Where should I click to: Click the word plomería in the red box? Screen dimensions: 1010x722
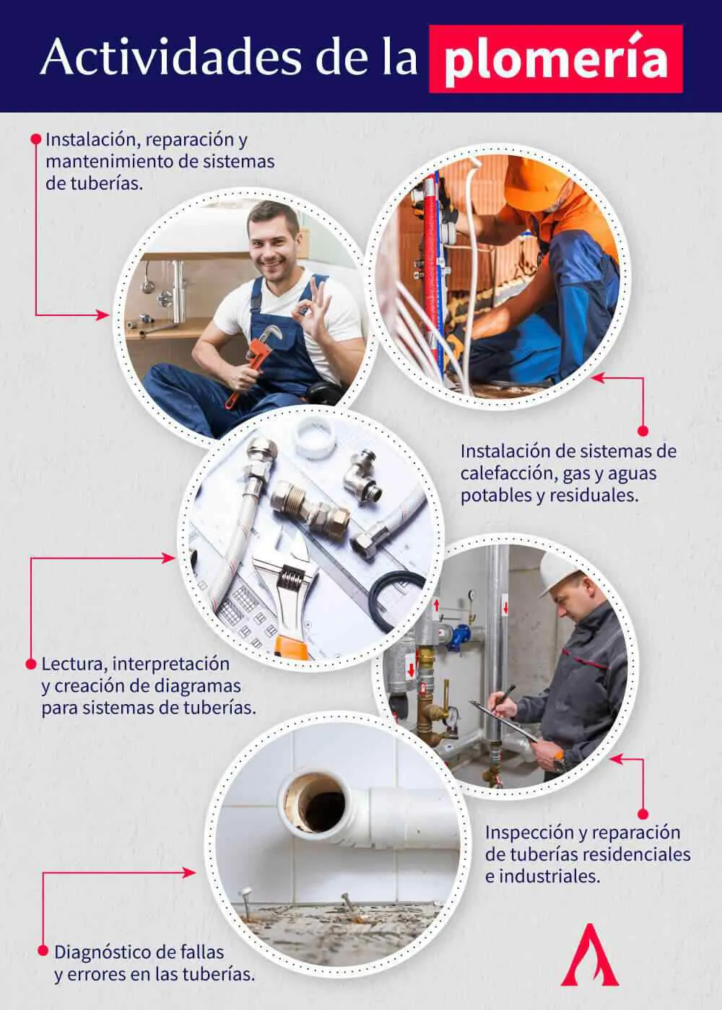click(x=554, y=61)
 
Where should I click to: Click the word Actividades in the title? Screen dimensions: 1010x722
click(x=170, y=58)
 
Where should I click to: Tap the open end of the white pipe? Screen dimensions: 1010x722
click(x=318, y=801)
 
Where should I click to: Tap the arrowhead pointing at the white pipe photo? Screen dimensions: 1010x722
click(x=191, y=872)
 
